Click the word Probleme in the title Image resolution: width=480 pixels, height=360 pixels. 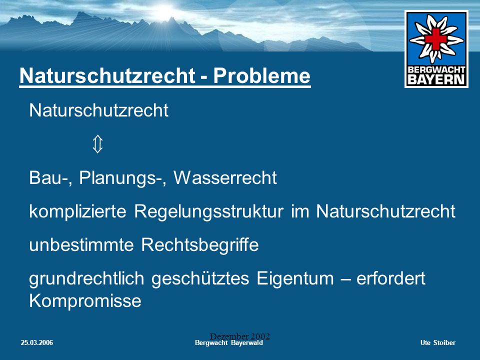point(261,75)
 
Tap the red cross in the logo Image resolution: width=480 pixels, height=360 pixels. point(435,38)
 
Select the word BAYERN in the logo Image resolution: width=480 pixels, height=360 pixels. point(436,79)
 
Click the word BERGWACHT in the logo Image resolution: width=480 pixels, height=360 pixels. point(436,69)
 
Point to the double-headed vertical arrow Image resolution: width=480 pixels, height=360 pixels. point(97,144)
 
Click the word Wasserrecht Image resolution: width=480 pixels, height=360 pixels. point(225,178)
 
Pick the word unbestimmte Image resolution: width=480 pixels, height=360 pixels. point(81,245)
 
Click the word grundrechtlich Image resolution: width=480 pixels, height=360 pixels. point(86,279)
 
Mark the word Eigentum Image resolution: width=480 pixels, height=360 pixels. point(295,279)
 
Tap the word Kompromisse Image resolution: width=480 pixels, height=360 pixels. point(85,301)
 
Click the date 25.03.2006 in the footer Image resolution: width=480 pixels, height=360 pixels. point(36,343)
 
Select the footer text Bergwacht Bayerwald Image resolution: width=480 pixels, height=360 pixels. point(229,343)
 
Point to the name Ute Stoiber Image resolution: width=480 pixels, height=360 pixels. point(438,343)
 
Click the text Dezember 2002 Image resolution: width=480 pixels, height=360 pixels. point(239,336)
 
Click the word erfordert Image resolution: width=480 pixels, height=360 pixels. point(391,278)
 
